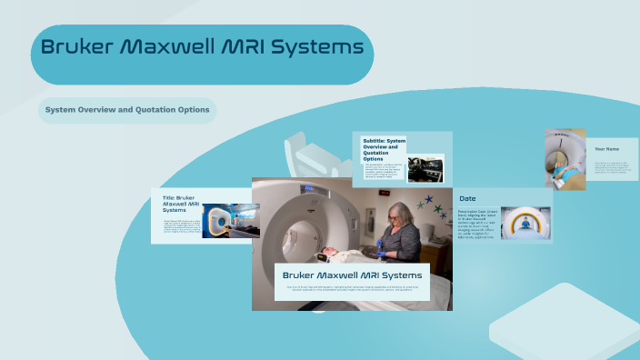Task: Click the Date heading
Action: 467,198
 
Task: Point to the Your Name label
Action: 606,148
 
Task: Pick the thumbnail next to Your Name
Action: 565,158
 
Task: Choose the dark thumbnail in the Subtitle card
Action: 425,167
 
